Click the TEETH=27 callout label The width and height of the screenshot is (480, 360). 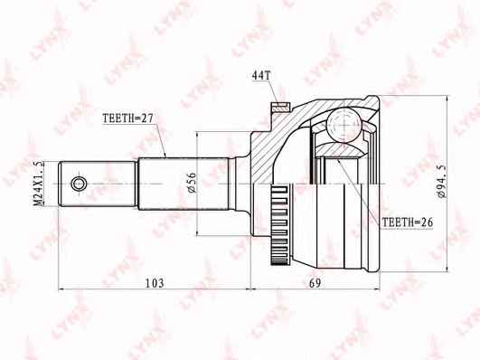tap(127, 118)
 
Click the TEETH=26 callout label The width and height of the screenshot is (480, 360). tap(408, 223)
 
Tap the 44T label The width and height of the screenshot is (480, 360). tap(261, 76)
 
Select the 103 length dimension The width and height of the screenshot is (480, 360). tap(155, 283)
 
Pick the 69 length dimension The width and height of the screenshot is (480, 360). tap(315, 283)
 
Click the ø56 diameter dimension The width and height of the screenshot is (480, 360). tap(192, 183)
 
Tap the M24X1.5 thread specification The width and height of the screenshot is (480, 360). tap(39, 184)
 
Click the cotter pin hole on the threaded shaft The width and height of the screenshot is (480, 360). tap(79, 184)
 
